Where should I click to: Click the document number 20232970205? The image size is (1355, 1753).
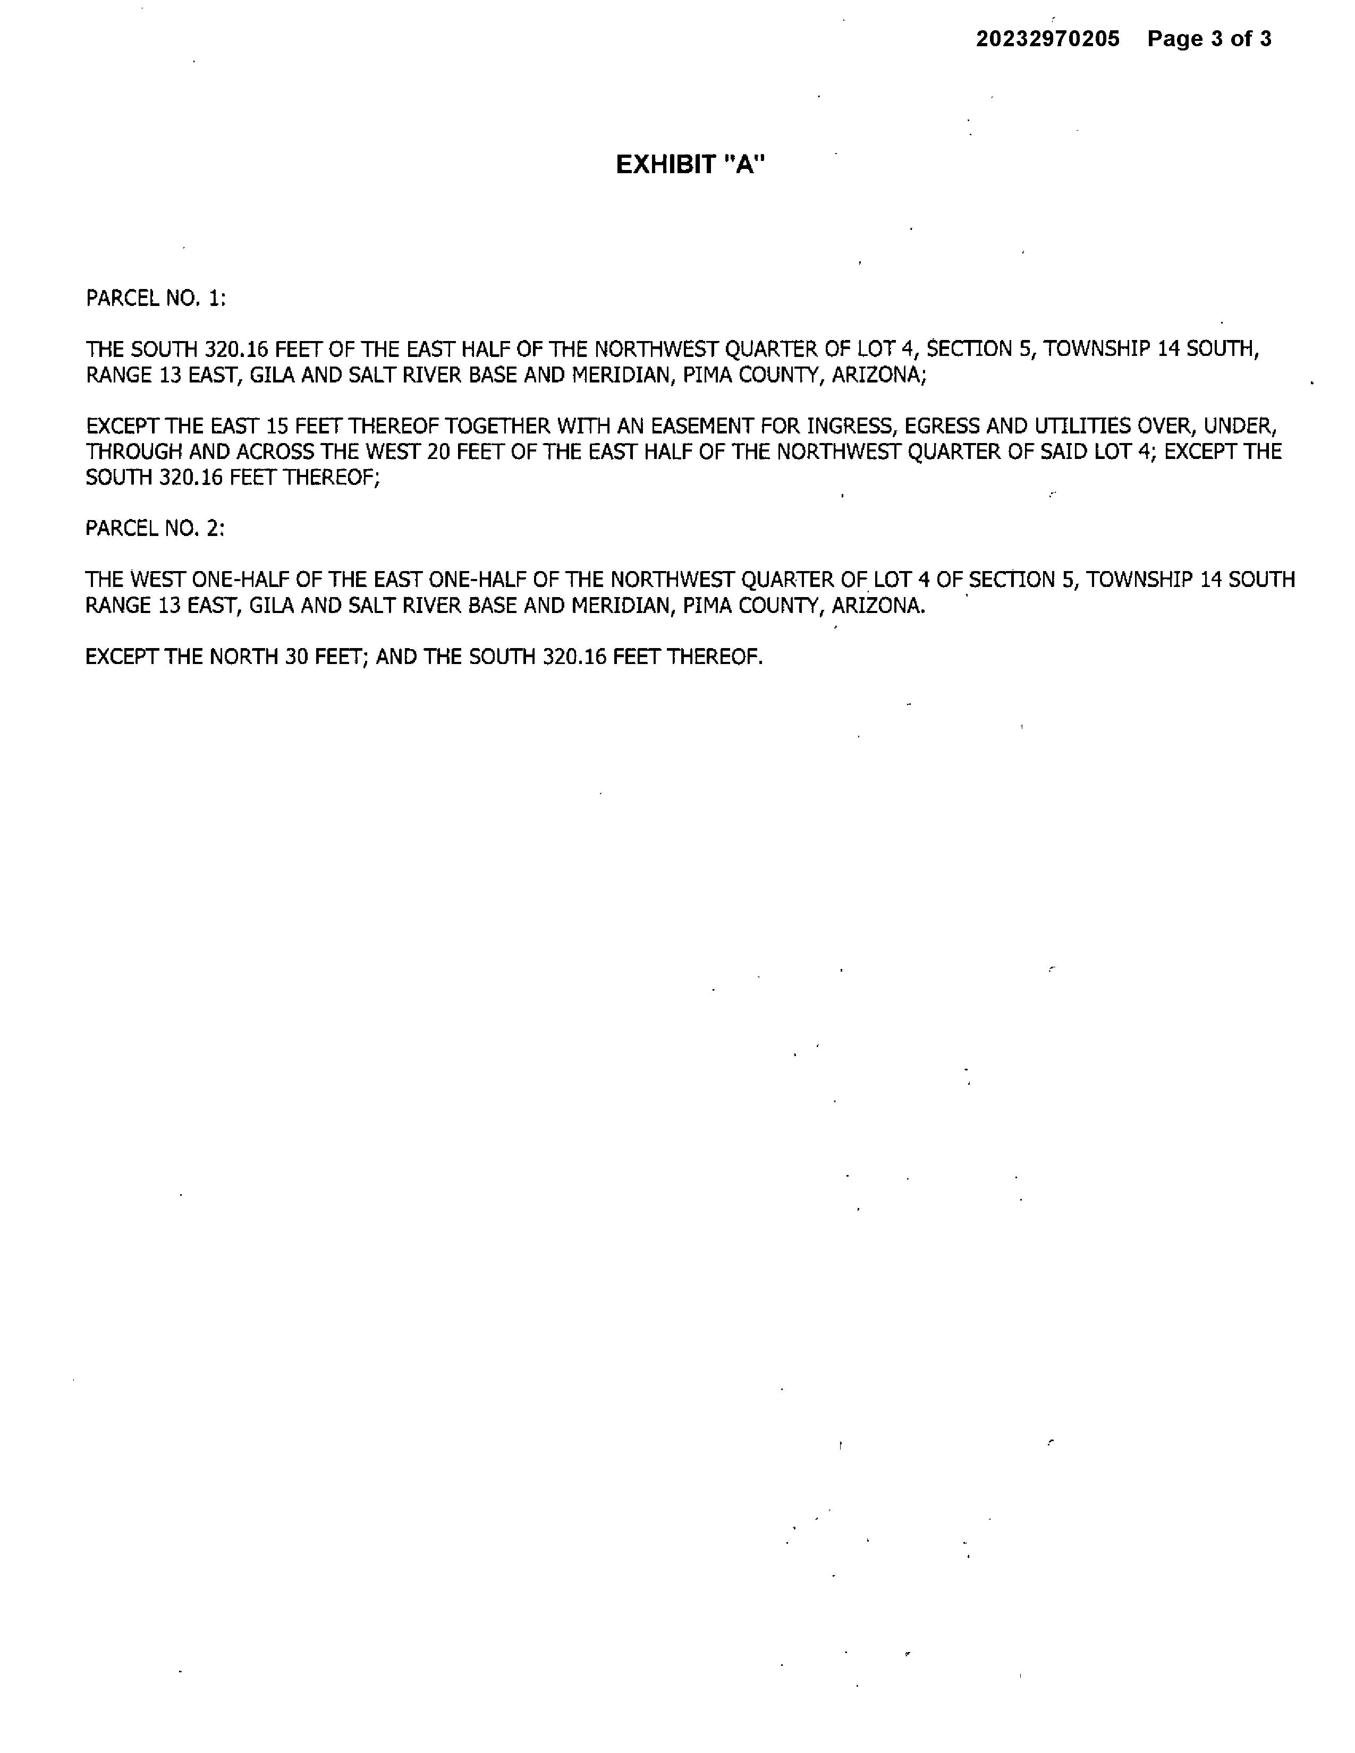click(x=1047, y=39)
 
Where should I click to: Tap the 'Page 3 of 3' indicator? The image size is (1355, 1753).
click(x=1209, y=39)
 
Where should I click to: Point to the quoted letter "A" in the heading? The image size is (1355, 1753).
click(x=745, y=165)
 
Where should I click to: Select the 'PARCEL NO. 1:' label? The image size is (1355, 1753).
click(x=156, y=299)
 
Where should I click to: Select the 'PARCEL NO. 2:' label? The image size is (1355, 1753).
click(x=155, y=528)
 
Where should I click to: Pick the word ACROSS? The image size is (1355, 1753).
click(x=275, y=452)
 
